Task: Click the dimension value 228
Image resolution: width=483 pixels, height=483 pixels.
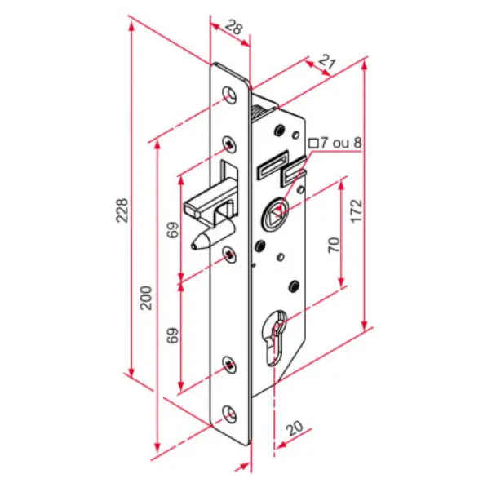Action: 122,210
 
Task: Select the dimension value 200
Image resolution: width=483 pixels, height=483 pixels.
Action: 146,298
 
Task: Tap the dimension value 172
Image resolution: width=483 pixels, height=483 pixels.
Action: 357,211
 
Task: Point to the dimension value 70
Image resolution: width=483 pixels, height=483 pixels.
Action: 335,245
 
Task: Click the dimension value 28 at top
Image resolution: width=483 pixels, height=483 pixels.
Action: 234,27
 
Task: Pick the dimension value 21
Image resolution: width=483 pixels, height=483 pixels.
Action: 327,62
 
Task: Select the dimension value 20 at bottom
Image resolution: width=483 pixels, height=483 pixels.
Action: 295,428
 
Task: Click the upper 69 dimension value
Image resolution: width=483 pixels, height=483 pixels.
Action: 173,230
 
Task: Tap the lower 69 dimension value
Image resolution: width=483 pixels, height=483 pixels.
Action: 173,335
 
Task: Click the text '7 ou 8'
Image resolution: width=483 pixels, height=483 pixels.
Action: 341,143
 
